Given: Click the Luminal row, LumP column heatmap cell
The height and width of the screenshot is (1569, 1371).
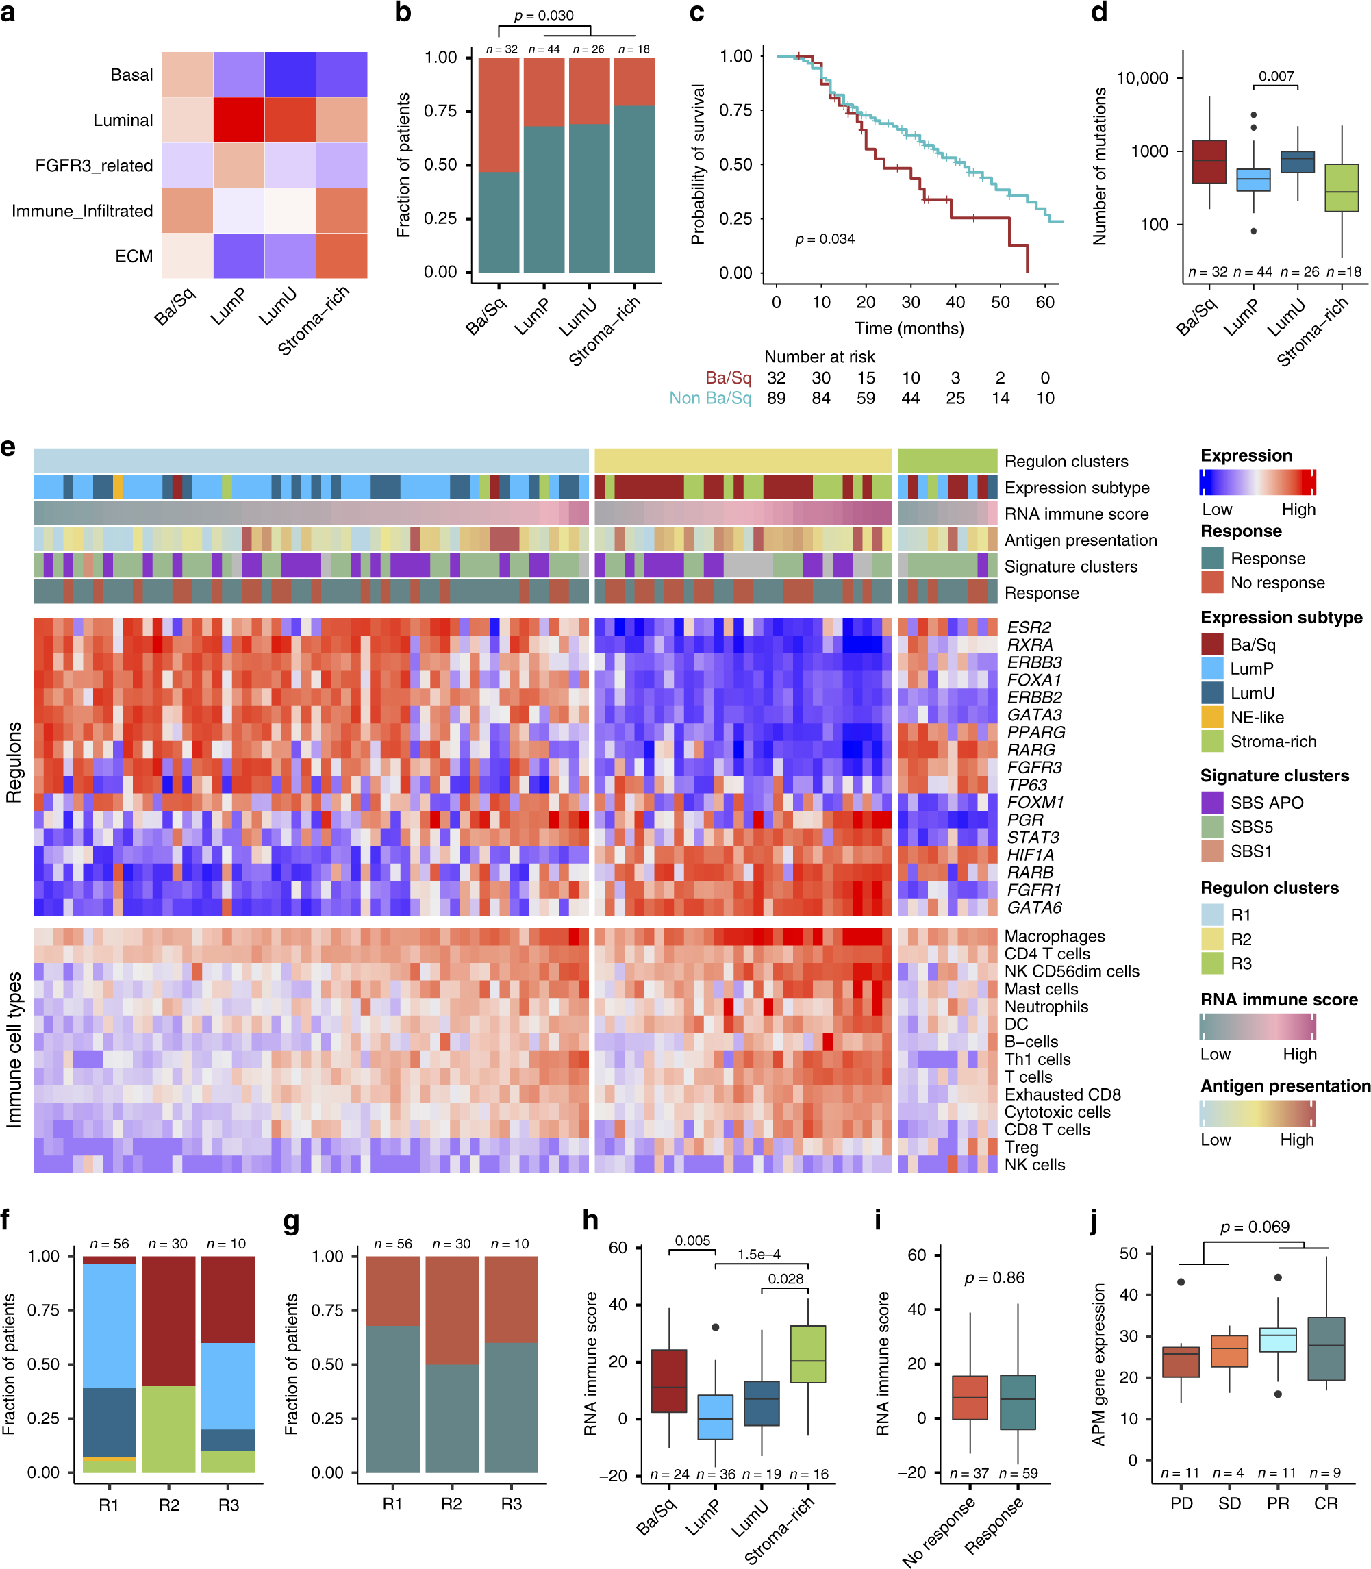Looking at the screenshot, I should click(x=239, y=119).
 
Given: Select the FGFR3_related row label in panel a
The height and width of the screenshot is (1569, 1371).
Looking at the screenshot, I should click(x=93, y=165).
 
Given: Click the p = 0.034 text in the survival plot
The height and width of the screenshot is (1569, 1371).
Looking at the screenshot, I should click(x=825, y=240).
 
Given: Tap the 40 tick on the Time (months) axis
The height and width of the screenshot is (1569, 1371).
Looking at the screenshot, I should click(x=955, y=302).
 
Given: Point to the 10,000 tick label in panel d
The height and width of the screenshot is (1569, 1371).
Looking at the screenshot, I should click(x=1142, y=78).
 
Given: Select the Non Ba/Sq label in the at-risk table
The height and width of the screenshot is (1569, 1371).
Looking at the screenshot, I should click(x=710, y=398).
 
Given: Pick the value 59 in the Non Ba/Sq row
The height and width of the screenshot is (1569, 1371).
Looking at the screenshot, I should click(x=866, y=398).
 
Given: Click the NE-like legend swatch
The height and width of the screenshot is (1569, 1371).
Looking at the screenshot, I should click(x=1212, y=717).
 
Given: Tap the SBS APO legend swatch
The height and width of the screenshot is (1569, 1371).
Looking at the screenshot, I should click(x=1212, y=803).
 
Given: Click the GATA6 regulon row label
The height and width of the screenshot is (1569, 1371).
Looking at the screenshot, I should click(x=1034, y=907).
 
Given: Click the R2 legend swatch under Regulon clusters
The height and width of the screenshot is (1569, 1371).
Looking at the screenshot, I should click(x=1212, y=939).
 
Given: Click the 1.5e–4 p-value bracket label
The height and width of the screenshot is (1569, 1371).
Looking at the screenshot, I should click(x=758, y=1255).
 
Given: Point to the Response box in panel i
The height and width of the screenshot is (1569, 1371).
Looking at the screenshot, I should click(x=1017, y=1401).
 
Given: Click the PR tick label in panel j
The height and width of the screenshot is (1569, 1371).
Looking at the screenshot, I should click(x=1277, y=1503).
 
